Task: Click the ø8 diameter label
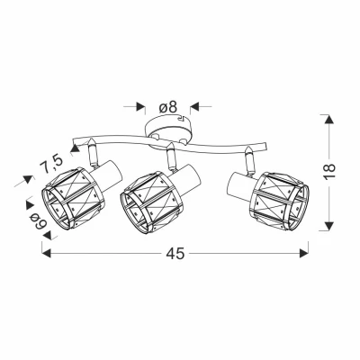tap(168, 107)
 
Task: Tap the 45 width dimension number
tap(175, 254)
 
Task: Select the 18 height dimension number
tap(329, 172)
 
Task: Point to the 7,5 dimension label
tap(51, 164)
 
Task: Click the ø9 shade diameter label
tap(40, 220)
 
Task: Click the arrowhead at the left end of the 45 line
tap(46, 253)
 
